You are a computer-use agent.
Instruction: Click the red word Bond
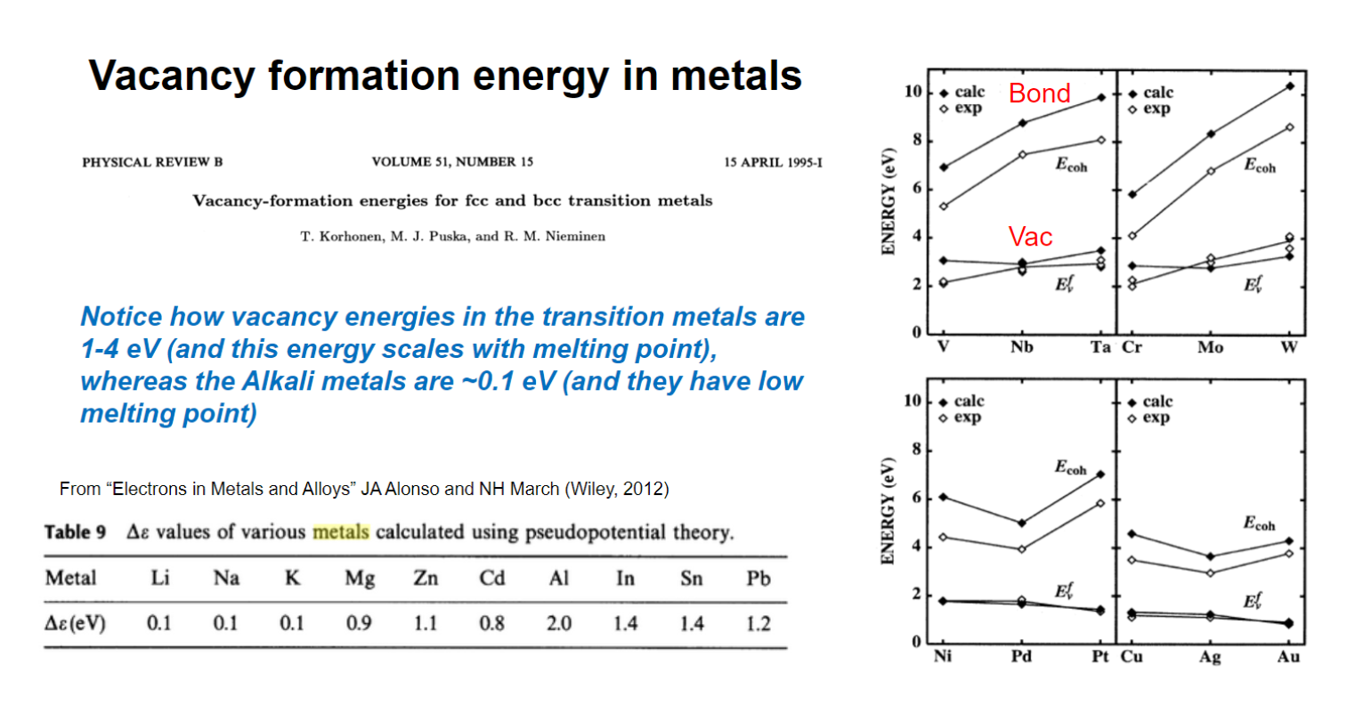(x=1039, y=93)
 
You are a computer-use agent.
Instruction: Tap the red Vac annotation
(x=1030, y=237)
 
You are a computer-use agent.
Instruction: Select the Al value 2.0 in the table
(x=558, y=623)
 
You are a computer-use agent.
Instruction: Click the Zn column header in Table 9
(x=426, y=579)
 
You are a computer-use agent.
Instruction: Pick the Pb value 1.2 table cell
(x=758, y=623)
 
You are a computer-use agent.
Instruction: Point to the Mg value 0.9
(x=359, y=623)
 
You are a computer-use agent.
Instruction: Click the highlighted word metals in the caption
(x=340, y=532)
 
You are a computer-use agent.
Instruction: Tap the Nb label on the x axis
(x=1021, y=347)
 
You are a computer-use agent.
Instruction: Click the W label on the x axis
(x=1288, y=347)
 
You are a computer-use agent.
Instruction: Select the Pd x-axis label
(x=1021, y=657)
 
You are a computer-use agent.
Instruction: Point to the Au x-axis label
(x=1287, y=657)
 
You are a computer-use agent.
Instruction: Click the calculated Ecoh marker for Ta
(x=1100, y=97)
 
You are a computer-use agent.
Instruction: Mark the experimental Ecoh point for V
(x=944, y=207)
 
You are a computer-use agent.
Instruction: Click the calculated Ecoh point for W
(x=1289, y=86)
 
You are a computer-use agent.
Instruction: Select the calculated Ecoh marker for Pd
(x=1022, y=523)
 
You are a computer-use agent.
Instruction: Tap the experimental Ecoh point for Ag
(x=1210, y=573)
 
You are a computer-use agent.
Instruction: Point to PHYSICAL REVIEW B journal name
(x=152, y=162)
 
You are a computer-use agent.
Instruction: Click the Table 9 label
(x=75, y=532)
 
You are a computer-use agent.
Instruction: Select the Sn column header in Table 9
(x=692, y=579)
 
